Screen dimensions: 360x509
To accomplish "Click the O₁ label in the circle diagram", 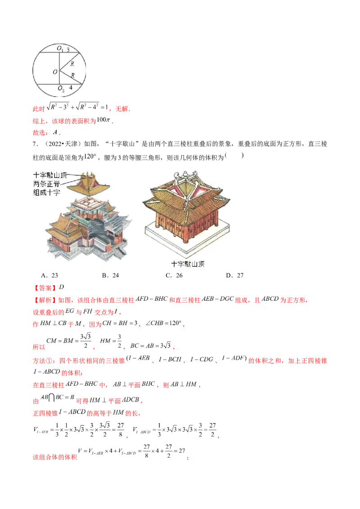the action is coord(60,49).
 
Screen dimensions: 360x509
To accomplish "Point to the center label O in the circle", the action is coord(55,72).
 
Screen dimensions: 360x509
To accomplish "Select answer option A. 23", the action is coord(49,275).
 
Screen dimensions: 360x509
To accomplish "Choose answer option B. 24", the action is coord(110,275).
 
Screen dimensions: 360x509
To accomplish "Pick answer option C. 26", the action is coord(174,275).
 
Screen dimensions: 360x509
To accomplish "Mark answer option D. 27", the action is coord(235,275).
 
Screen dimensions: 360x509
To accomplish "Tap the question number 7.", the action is coord(35,144).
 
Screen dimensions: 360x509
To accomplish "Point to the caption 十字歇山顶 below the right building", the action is coord(188,264).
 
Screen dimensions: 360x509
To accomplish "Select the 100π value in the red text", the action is coord(103,120).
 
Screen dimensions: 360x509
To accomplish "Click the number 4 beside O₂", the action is coord(71,88).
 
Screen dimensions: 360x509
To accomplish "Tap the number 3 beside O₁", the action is coord(68,49).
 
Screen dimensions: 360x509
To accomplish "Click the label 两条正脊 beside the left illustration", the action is coord(46,184).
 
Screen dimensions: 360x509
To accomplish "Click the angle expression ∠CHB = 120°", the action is coord(163,323).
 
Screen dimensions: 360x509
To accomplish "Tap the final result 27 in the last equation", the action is coord(182,451).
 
